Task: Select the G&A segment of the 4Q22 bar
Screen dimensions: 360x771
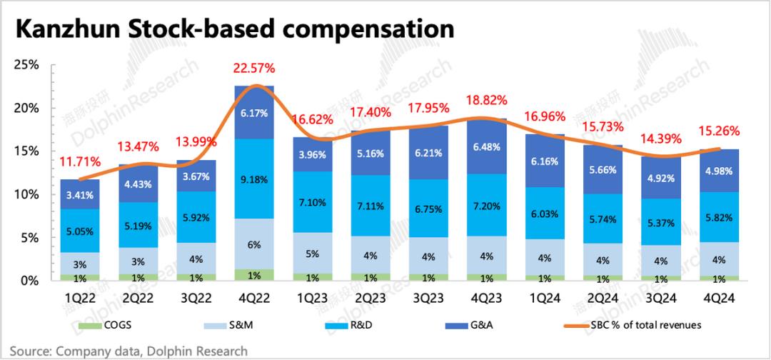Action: click(x=254, y=113)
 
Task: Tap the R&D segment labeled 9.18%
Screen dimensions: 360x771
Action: click(x=254, y=179)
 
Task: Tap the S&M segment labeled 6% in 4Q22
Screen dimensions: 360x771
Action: click(x=254, y=244)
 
